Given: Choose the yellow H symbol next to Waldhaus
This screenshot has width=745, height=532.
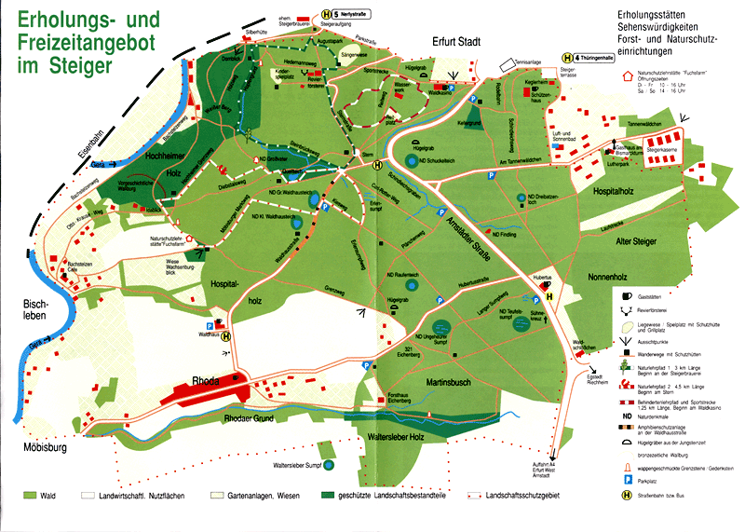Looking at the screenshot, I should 226,338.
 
